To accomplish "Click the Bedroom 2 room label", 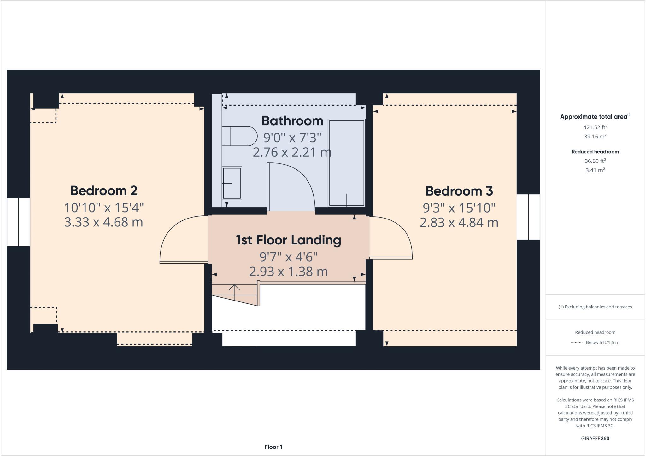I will point(104,190).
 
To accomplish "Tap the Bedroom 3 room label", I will point(459,191).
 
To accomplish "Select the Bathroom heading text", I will point(292,121).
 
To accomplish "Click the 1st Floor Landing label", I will point(288,240).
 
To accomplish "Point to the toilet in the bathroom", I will point(239,136).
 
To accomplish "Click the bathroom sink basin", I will point(232,183).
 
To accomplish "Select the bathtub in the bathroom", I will point(346,162).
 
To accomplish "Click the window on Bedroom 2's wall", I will point(18,222).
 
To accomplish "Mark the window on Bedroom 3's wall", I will point(528,217).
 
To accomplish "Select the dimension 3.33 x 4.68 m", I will point(104,222).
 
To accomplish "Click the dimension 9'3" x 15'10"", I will point(459,208).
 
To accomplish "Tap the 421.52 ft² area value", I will point(595,127).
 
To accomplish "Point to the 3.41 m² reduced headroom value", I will point(595,170).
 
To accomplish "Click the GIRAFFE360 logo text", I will point(595,438).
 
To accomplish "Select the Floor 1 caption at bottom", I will point(273,447).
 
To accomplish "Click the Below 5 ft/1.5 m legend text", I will point(602,342).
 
